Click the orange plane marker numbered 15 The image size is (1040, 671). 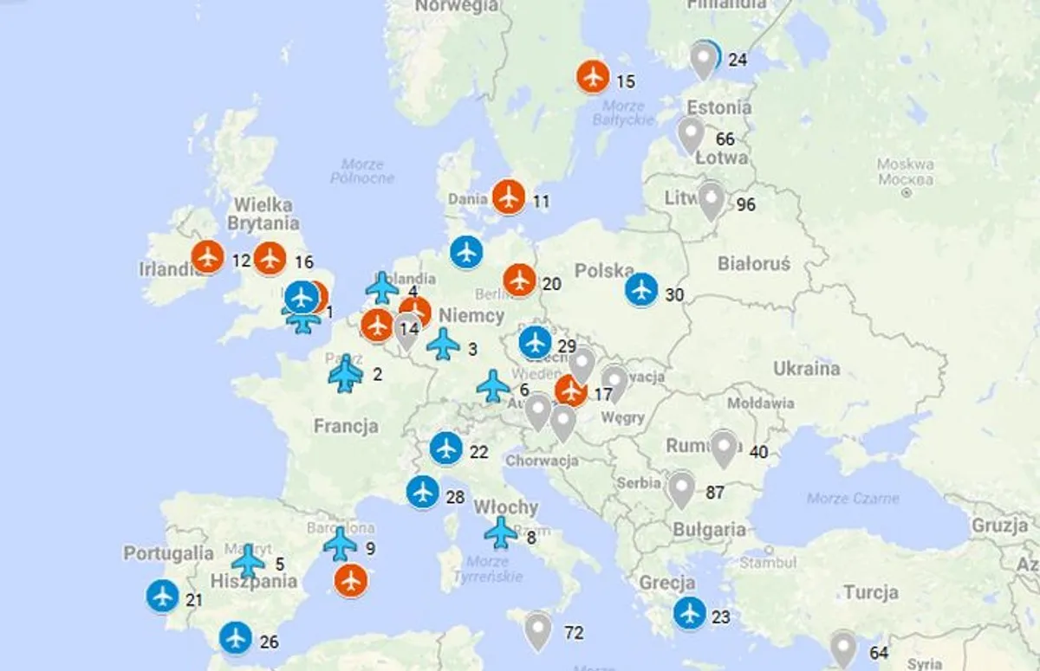point(593,76)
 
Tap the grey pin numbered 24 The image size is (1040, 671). point(705,58)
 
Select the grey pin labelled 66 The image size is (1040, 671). point(691,135)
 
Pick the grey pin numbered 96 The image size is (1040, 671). point(712,200)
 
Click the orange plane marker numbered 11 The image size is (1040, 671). point(509,197)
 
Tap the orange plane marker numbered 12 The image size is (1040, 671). point(208,256)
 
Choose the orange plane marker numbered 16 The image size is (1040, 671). point(271,257)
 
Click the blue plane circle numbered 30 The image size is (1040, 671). point(641,290)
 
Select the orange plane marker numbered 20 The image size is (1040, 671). point(520,280)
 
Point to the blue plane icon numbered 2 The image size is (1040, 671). point(346,374)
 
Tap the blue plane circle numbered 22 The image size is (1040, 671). point(446,448)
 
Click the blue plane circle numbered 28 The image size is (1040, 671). point(423,492)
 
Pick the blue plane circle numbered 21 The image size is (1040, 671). point(163,596)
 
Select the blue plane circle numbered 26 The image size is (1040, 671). point(236,638)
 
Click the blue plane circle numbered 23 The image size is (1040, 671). point(690,613)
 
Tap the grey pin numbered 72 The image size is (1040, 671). point(538,629)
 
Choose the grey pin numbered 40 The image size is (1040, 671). point(724,448)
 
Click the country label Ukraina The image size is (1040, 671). point(807,368)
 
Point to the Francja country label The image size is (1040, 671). point(346,426)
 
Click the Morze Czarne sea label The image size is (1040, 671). point(853,498)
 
